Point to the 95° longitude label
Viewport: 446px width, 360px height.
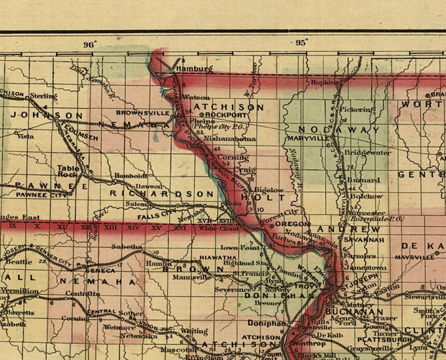coord(301,42)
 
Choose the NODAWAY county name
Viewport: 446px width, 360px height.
coord(338,130)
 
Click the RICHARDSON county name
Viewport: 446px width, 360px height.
coord(162,194)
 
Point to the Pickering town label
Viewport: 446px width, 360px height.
coord(358,109)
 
